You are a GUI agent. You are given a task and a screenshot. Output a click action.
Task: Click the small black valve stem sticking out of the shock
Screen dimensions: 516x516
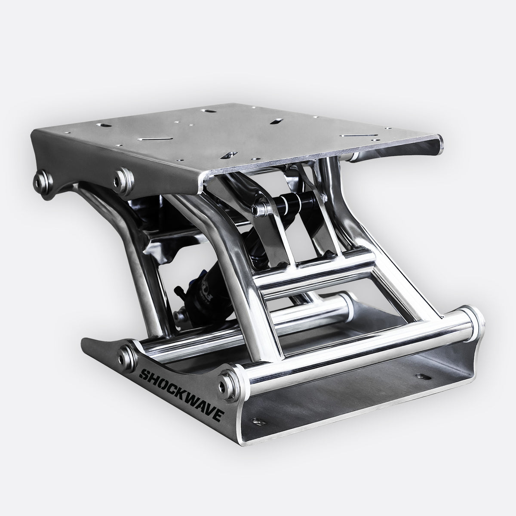point(177,292)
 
